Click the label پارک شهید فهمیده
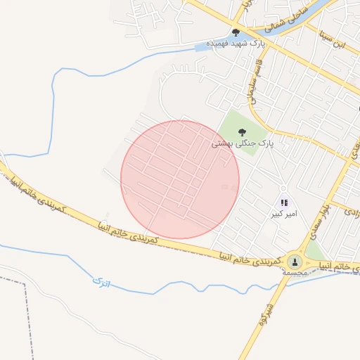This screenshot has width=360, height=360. [236, 44]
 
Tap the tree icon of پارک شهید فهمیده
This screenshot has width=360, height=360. [236, 32]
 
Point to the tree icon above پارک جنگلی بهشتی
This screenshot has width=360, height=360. [243, 131]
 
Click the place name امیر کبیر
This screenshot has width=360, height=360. [285, 213]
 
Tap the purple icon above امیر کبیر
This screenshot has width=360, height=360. [285, 202]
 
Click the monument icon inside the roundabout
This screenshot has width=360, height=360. [294, 261]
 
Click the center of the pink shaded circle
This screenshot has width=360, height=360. [180, 179]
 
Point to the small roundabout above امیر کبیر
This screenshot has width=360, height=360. [283, 188]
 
